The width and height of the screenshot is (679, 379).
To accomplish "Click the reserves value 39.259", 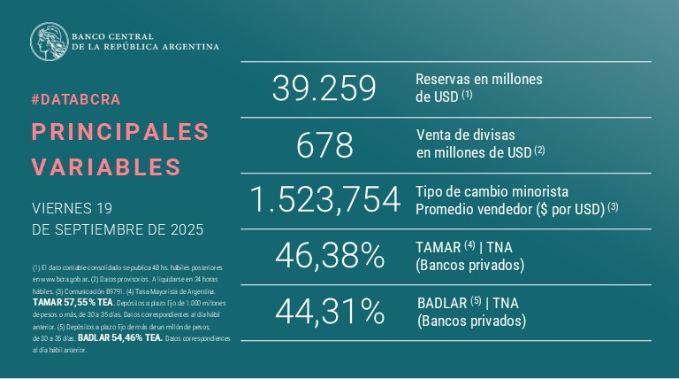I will point(324,89).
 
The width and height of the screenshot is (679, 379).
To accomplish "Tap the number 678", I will point(324,144).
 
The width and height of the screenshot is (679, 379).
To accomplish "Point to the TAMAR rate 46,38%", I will point(329,256).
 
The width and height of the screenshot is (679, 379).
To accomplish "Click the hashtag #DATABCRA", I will point(75,99).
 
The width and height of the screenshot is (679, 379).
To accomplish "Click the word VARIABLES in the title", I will point(106,166).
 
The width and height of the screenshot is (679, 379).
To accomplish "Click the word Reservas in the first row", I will point(443,79).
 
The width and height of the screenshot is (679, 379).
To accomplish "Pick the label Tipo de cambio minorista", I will point(492,191).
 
